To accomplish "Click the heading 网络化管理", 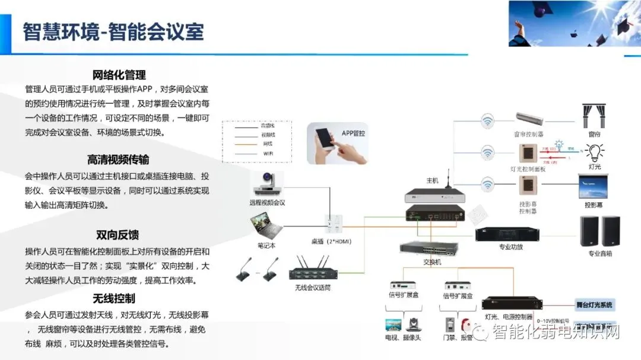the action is [119, 75].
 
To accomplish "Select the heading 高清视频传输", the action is [119, 160].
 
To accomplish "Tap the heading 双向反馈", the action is [119, 235].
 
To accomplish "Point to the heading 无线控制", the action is [114, 298].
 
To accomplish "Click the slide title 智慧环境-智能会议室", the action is [113, 31].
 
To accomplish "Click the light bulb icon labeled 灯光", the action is [594, 152].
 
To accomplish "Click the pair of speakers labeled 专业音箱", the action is [599, 231].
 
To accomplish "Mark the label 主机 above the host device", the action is [432, 180].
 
